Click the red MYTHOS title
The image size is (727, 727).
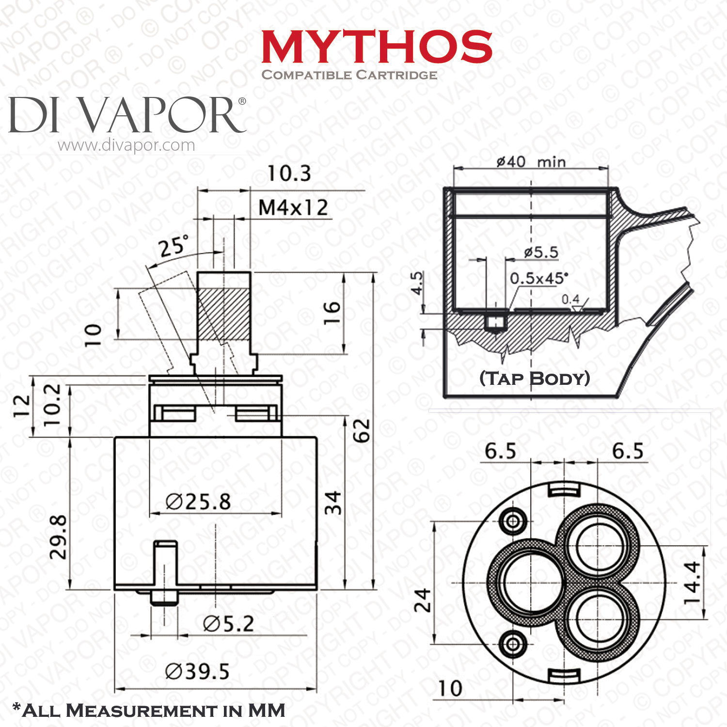point(377,47)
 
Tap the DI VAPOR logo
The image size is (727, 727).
point(127,115)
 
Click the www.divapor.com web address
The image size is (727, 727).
point(126,145)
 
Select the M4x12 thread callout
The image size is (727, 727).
point(293,208)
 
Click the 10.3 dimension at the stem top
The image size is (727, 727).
point(289,174)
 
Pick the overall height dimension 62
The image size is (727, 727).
point(362,430)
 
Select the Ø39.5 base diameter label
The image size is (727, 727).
point(197,672)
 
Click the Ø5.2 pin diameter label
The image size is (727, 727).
point(229,624)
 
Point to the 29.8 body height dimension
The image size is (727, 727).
point(59,537)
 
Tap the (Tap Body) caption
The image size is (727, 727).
point(535,379)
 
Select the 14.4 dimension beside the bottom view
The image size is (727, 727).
point(692,582)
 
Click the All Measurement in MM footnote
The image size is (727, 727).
point(148,711)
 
